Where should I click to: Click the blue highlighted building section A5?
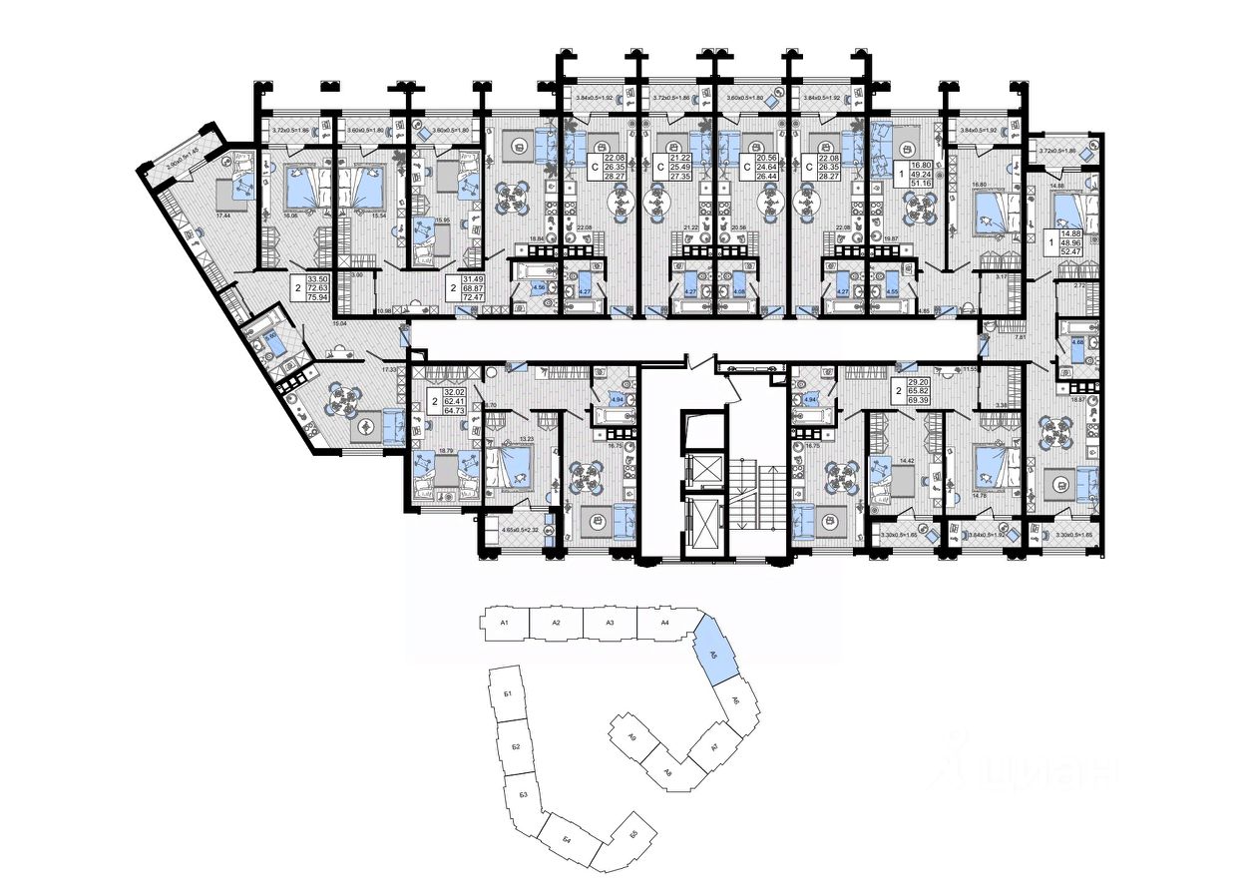pyautogui.click(x=714, y=650)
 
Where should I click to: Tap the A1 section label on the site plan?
pyautogui.click(x=505, y=623)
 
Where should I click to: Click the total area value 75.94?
pyautogui.click(x=318, y=297)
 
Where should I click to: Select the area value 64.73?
pyautogui.click(x=454, y=409)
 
